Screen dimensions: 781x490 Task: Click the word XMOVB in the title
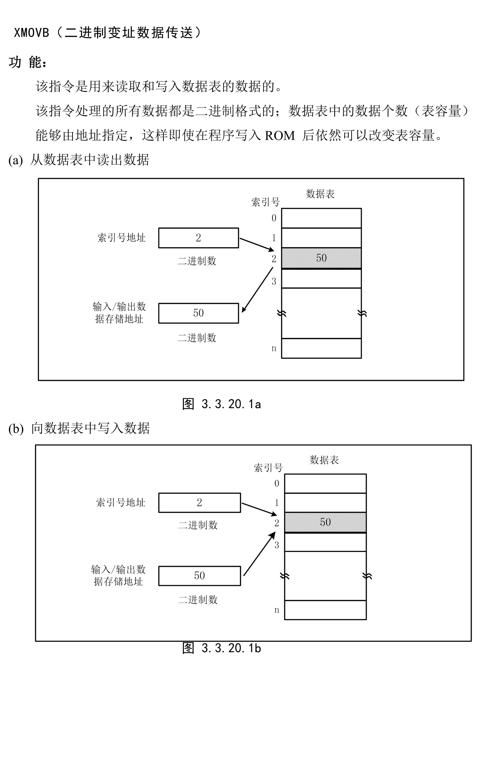(x=31, y=33)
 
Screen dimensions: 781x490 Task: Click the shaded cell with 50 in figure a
(x=321, y=258)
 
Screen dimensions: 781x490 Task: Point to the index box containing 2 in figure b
(x=199, y=502)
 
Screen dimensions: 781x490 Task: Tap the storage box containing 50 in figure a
(x=198, y=313)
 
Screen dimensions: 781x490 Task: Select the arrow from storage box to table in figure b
(x=259, y=554)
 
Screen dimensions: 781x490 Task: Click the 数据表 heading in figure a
(x=320, y=194)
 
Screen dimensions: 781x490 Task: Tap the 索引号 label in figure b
(x=268, y=468)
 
